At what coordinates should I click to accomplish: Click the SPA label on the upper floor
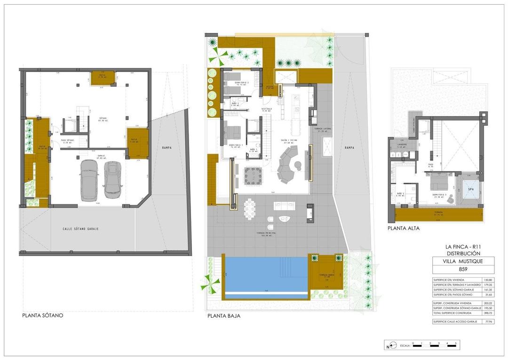(x=470, y=189)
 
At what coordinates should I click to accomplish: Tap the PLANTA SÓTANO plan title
(x=42, y=315)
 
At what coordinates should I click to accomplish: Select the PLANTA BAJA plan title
(x=224, y=316)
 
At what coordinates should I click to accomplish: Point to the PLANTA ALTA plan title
(x=403, y=229)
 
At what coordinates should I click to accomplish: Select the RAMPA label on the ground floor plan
(x=349, y=147)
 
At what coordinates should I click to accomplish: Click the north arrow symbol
(x=389, y=346)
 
